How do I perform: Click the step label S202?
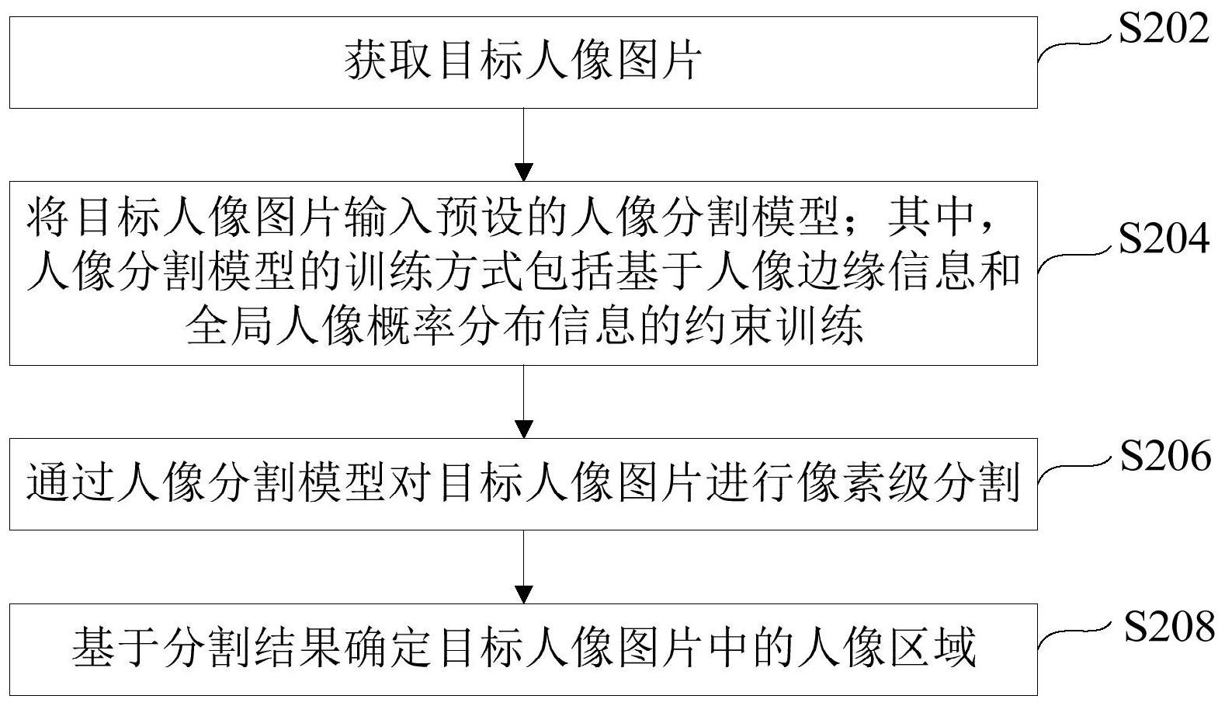click(x=1163, y=29)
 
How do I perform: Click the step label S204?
click(x=1163, y=238)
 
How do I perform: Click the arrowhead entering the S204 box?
click(x=524, y=172)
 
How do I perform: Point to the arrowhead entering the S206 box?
click(x=524, y=429)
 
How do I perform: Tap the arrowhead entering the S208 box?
click(x=524, y=594)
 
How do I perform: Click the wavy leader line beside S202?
click(x=1074, y=45)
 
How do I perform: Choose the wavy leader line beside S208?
click(x=1074, y=637)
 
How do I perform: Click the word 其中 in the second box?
click(x=931, y=217)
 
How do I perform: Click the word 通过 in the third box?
click(x=69, y=483)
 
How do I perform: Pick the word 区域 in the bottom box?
click(x=932, y=648)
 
